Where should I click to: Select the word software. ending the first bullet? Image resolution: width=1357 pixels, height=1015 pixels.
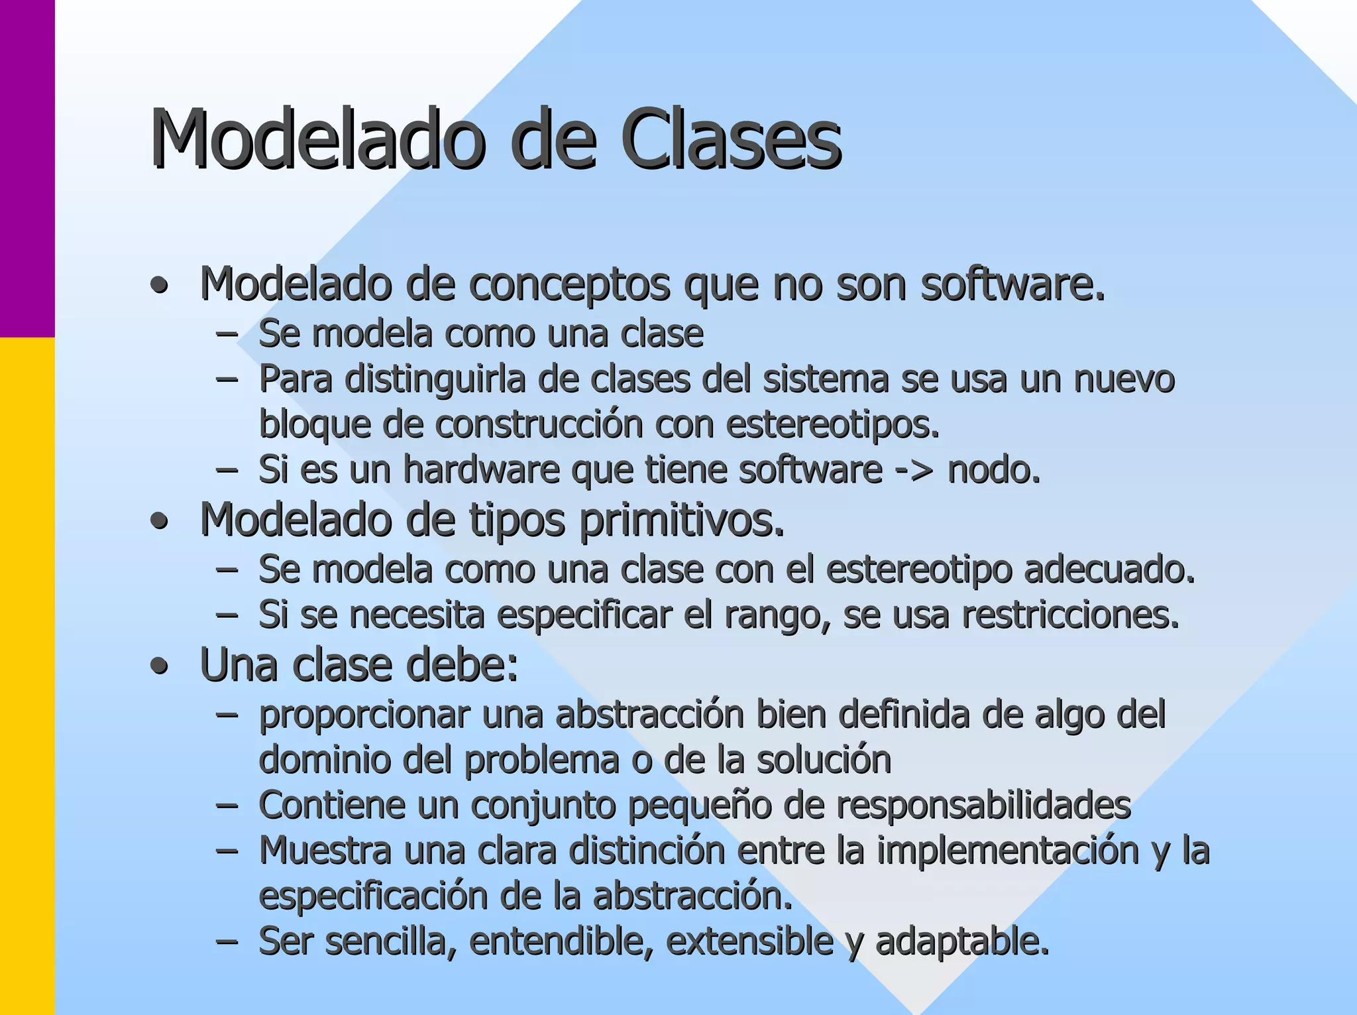point(1013,284)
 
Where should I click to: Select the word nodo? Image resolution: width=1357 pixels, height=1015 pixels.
point(994,470)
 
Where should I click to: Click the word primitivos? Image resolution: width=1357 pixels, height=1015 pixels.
point(682,520)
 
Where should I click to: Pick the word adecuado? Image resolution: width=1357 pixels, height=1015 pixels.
point(1110,569)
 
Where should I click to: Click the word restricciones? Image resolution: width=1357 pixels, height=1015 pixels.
point(1071,615)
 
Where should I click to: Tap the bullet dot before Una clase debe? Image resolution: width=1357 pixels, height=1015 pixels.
point(159,667)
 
